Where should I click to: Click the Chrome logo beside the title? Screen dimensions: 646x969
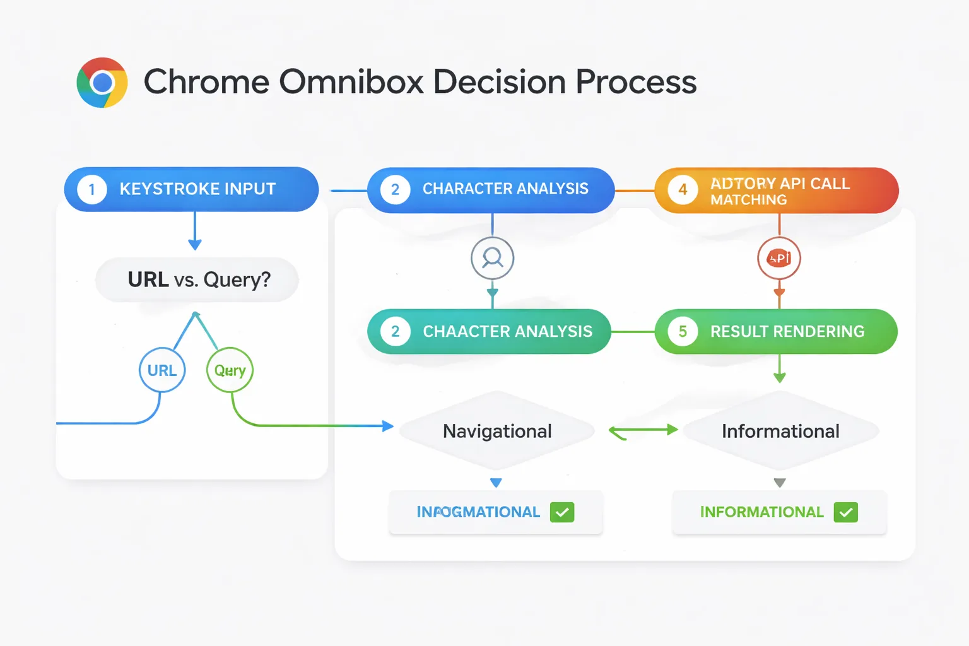point(102,83)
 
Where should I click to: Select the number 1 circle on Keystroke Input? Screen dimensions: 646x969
point(92,189)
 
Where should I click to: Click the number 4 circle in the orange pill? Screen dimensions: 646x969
point(683,190)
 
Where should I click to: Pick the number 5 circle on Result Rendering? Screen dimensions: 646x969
point(683,331)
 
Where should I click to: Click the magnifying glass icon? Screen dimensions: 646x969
point(492,258)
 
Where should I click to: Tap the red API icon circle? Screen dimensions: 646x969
point(779,258)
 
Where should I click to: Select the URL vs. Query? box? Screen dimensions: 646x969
point(197,279)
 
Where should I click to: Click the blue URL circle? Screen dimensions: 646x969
point(162,370)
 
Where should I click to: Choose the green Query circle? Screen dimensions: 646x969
point(230,370)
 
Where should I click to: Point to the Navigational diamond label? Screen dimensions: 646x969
point(497,431)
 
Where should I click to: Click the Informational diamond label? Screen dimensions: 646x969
point(780,431)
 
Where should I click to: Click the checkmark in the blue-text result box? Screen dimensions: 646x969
point(562,512)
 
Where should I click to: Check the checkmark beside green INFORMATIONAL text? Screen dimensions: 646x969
point(845,512)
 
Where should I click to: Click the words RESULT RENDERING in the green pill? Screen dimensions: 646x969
point(787,331)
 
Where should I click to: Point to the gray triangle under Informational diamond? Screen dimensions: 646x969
point(780,483)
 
